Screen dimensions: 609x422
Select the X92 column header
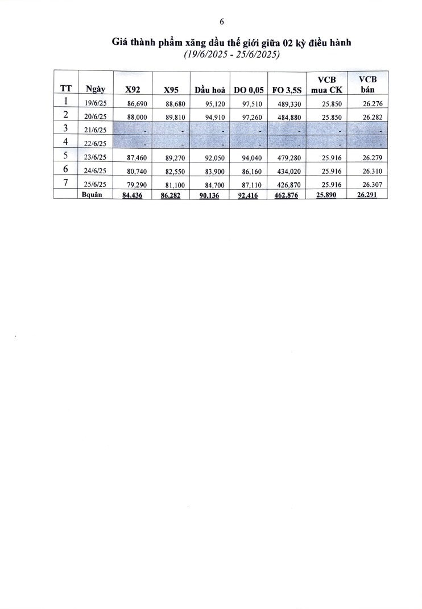133,89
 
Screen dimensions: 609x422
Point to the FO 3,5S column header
287,89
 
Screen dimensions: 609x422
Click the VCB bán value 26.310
371,170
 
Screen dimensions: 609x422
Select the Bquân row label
93,194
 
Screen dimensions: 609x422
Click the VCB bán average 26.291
367,194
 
